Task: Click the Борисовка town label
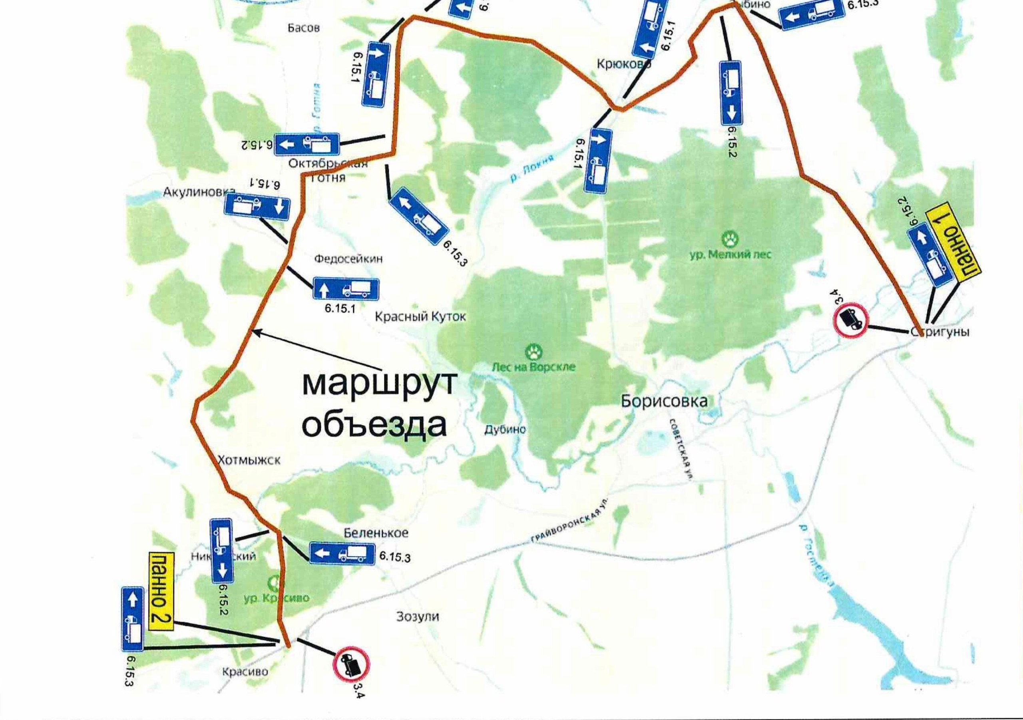click(664, 402)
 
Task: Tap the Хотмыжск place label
click(249, 460)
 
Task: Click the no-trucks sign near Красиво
click(352, 667)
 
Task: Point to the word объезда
click(374, 425)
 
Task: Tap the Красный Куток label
click(420, 317)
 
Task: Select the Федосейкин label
click(348, 259)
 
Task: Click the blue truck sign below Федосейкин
click(346, 289)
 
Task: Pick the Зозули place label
click(418, 617)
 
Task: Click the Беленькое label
click(376, 533)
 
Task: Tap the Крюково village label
click(623, 65)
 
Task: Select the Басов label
click(303, 28)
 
